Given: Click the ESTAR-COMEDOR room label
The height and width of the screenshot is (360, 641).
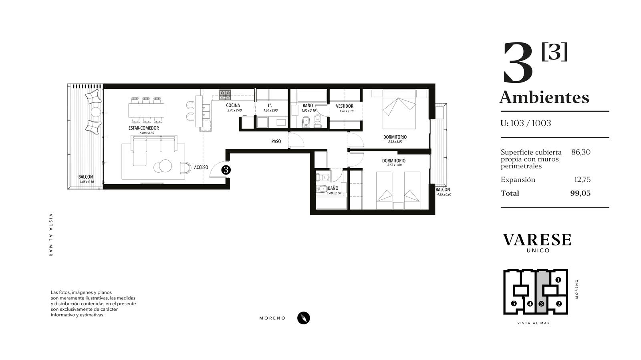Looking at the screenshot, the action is (x=144, y=128).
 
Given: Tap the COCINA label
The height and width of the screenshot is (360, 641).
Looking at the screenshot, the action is (x=233, y=105).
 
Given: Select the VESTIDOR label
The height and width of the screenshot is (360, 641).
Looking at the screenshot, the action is (x=345, y=106).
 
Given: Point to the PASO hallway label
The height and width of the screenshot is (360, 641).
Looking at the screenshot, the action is (x=276, y=141).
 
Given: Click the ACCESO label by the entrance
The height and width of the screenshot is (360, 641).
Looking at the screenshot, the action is (x=201, y=167).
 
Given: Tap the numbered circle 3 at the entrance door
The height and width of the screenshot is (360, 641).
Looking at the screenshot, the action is (x=226, y=170).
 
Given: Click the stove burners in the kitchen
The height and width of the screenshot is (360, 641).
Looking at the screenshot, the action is (x=225, y=95).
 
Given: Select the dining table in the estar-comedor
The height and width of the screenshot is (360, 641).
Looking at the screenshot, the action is (x=146, y=111).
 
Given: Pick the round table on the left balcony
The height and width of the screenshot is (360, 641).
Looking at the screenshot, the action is (x=96, y=111).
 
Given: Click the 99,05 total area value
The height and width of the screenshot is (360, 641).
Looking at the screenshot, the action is (x=581, y=193).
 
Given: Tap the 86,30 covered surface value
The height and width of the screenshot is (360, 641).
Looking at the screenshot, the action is (x=581, y=152).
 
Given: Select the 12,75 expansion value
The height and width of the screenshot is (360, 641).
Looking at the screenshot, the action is (x=583, y=179).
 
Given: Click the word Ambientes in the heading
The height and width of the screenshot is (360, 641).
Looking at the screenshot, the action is (x=544, y=97).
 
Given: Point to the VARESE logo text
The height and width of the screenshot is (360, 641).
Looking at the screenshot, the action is (x=537, y=240).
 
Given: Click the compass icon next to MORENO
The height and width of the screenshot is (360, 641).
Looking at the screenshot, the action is (x=304, y=318).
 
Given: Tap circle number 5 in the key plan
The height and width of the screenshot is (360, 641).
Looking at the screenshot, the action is (x=514, y=304).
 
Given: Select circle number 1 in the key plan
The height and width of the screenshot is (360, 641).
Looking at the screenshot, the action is (x=558, y=280).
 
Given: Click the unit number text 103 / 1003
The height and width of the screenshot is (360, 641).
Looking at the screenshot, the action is (x=531, y=123).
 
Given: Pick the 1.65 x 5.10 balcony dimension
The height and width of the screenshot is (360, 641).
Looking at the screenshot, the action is (x=87, y=182).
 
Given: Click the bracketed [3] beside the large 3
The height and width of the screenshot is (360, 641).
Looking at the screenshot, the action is (x=554, y=52).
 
